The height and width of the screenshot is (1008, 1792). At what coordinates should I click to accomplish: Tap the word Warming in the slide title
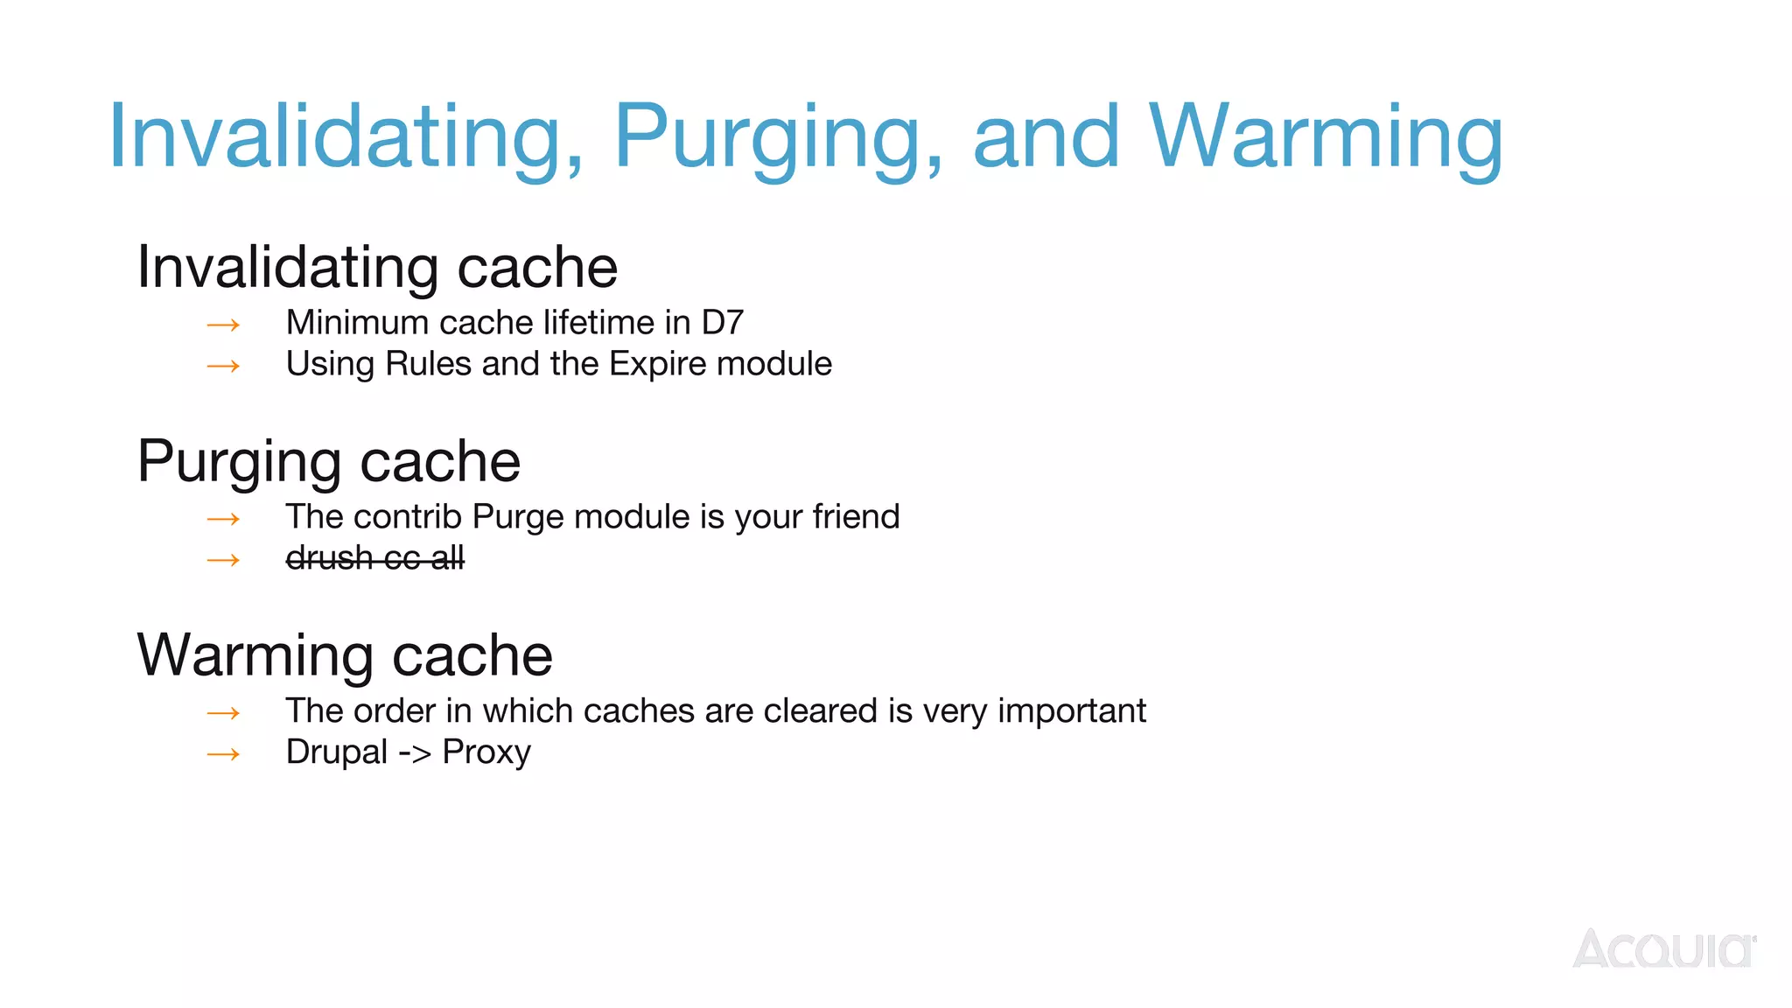(x=1325, y=138)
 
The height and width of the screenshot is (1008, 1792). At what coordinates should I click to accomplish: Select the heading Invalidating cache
(x=377, y=267)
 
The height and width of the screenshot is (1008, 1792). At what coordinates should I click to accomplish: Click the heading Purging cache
(x=329, y=461)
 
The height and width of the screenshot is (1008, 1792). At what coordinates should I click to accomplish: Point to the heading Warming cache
(x=345, y=655)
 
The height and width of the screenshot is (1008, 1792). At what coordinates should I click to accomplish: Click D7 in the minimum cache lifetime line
(x=722, y=323)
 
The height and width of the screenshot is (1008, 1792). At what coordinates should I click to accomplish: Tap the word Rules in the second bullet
(x=428, y=364)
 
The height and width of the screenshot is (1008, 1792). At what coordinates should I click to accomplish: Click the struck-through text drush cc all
(x=374, y=557)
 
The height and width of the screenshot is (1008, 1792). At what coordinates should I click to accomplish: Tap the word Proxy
(x=486, y=752)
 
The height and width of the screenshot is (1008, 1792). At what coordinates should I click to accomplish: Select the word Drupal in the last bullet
(x=336, y=752)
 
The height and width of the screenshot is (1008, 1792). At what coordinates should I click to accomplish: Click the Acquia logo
(x=1663, y=948)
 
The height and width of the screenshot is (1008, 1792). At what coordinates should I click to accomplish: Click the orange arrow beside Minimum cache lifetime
(x=223, y=325)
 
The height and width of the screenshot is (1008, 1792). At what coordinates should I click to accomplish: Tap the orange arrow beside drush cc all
(x=223, y=560)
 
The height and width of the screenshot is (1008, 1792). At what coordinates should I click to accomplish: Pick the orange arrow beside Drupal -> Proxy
(x=223, y=754)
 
